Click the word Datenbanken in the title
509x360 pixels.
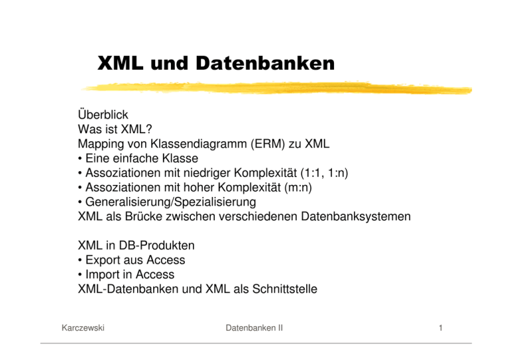265,63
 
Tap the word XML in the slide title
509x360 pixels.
120,63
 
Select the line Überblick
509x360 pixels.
103,115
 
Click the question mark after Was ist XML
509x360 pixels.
148,129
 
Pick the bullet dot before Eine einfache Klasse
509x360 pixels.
80,158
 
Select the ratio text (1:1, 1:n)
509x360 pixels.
324,172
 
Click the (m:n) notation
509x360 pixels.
298,188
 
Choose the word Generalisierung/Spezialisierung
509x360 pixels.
171,202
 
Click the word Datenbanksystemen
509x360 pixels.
356,217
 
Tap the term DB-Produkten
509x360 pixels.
157,245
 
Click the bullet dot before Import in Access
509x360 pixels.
80,275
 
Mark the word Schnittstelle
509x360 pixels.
285,289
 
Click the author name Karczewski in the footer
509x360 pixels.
83,328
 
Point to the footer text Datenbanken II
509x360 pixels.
254,328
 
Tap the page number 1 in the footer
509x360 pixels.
441,328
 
